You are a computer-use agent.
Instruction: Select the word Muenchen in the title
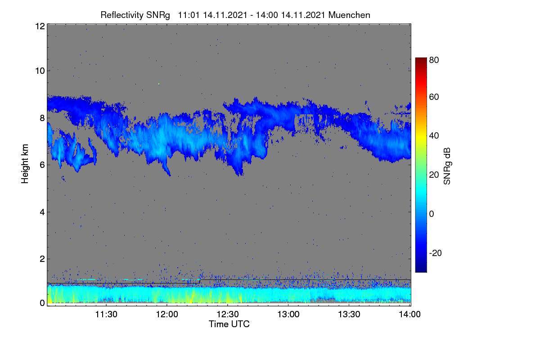tap(349, 15)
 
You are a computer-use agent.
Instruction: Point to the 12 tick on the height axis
tap(40, 26)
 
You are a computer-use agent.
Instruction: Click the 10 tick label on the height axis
tap(40, 71)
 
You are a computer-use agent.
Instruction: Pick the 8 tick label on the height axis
tap(42, 118)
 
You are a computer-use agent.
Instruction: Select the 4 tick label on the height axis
tap(42, 212)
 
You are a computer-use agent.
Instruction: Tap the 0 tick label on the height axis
tap(42, 303)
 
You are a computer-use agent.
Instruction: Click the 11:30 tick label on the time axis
tap(106, 314)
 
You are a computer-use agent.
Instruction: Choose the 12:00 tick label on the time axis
tap(167, 314)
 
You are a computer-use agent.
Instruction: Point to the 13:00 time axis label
tap(288, 314)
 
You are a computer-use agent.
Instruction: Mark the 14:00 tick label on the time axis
tap(410, 314)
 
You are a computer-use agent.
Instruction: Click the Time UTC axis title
tap(229, 324)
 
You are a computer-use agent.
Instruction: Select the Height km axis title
tap(25, 164)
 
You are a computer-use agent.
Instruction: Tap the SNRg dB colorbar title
tap(447, 166)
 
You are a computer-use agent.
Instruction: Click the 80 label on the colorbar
tap(434, 60)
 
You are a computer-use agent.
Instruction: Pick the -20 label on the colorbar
tap(436, 253)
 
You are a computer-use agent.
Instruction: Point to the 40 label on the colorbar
tap(434, 136)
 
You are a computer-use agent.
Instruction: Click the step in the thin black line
tap(200, 281)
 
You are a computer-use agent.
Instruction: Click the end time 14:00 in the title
tap(267, 15)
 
